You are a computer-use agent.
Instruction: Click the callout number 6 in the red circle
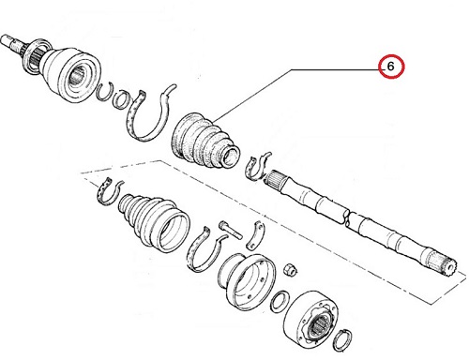tap(390, 67)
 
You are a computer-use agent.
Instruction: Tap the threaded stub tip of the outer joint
tap(7, 40)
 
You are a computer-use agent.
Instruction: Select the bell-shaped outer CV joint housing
tap(72, 74)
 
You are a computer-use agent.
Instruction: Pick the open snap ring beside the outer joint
tap(104, 91)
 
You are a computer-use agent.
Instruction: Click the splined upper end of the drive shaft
tap(275, 179)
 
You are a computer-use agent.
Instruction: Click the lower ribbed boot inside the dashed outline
tap(153, 222)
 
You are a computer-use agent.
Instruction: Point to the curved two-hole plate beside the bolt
tap(255, 235)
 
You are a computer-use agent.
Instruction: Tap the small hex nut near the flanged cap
tap(290, 270)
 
